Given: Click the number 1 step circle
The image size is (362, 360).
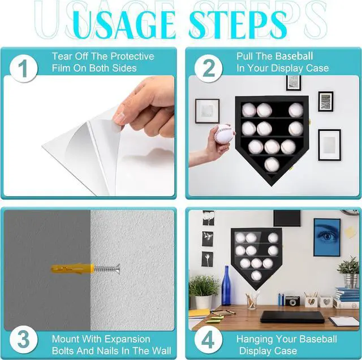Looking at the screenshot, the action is pos(24,68).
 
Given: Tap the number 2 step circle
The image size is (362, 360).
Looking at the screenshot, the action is pos(209,68).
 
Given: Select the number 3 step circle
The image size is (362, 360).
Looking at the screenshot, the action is pos(24,340).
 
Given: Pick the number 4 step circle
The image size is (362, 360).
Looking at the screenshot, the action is pos(209,340).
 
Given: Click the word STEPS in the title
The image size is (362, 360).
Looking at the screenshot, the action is pos(238,24).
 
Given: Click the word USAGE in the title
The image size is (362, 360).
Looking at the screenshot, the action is pos(124,25).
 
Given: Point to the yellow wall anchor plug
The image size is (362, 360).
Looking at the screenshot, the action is pos(72,268).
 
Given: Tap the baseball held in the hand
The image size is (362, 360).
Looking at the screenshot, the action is pos(223,134).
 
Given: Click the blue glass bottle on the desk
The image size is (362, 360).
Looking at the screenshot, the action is pos(226,285).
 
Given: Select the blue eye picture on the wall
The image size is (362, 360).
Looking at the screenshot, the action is pos(327,237).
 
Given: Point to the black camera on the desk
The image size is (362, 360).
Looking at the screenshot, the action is pos(292,301).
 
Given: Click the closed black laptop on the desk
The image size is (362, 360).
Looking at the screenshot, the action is pos(292,317).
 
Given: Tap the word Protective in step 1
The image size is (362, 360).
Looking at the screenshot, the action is pos(132,57).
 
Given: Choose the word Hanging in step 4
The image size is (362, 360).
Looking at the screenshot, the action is pos(255,340).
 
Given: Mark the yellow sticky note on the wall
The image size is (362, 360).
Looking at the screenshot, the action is pos(351,232).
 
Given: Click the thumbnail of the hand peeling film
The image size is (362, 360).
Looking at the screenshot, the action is pos(89,136).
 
